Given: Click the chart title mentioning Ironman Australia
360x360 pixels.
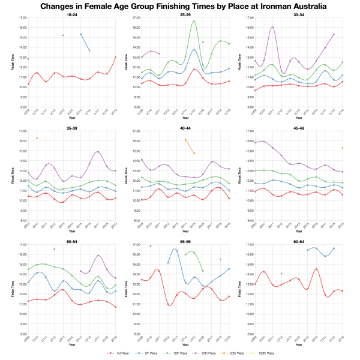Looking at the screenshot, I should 180,6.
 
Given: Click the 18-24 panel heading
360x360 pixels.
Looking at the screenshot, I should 71,14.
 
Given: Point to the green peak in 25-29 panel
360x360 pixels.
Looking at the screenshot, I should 194,22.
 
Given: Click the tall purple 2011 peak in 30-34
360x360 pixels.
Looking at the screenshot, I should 272,27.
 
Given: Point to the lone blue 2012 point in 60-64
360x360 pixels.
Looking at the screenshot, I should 281,274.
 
